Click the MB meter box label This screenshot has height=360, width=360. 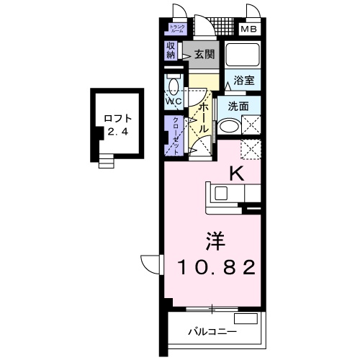248,30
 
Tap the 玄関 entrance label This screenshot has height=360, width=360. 204,54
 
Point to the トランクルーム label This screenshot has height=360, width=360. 176,30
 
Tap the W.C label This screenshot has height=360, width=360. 174,102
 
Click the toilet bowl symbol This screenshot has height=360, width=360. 173,86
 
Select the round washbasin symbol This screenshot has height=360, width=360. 229,126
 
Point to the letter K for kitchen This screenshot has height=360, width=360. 235,173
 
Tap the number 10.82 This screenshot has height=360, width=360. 215,268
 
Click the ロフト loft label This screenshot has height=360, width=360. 117,118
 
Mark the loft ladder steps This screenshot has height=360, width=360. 107,162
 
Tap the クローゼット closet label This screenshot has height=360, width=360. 176,132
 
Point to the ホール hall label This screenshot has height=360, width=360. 203,115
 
